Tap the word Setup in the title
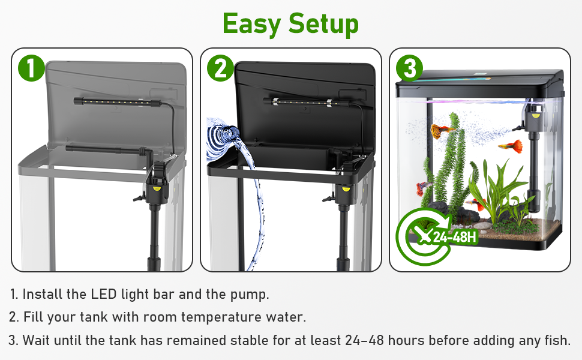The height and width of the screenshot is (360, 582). (x=323, y=25)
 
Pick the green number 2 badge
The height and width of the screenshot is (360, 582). (x=220, y=68)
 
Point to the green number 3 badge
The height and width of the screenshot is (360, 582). (x=409, y=68)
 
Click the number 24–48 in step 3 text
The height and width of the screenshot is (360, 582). (x=365, y=340)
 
